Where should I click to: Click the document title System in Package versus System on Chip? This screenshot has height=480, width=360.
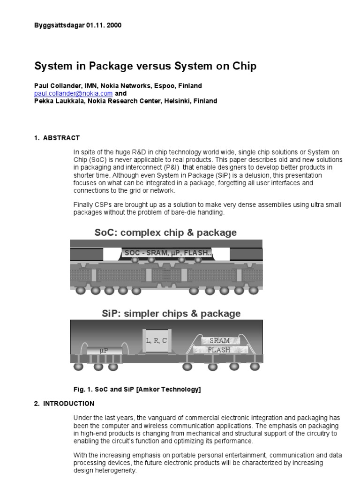(145, 66)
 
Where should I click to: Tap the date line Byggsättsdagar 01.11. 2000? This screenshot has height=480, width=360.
(78, 25)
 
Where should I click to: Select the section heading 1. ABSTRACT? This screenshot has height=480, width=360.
(57, 138)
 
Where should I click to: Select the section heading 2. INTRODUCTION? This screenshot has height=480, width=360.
(64, 403)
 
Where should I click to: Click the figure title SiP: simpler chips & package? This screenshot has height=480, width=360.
(171, 313)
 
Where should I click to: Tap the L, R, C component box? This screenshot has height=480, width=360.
(156, 341)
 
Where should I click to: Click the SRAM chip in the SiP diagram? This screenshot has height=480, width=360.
(219, 341)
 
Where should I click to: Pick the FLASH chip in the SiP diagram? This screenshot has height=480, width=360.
(219, 350)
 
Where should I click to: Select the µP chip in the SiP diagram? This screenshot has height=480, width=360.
(104, 350)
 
